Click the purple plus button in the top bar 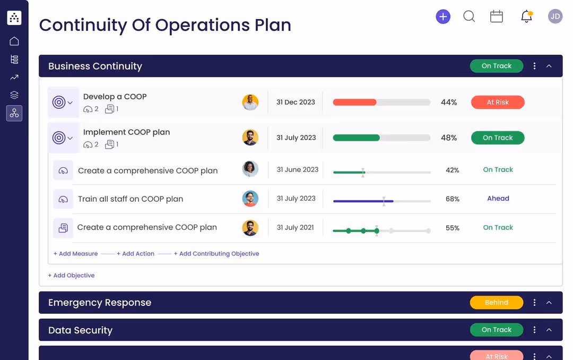point(443,16)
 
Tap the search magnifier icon point(469,16)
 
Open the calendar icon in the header point(497,16)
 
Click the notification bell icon point(526,16)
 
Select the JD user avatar point(555,16)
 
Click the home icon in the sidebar point(14,41)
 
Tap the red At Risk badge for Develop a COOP point(498,102)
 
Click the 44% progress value point(449,102)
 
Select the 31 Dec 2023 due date point(296,102)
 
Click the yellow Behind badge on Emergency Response point(496,303)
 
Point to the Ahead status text point(498,199)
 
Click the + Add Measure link point(75,254)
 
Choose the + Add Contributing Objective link point(216,254)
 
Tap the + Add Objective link point(71,276)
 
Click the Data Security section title point(80,330)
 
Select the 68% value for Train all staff point(453,199)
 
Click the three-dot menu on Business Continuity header point(534,66)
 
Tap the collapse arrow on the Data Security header point(549,330)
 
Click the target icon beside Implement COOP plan point(59,138)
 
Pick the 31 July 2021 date point(296,228)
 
